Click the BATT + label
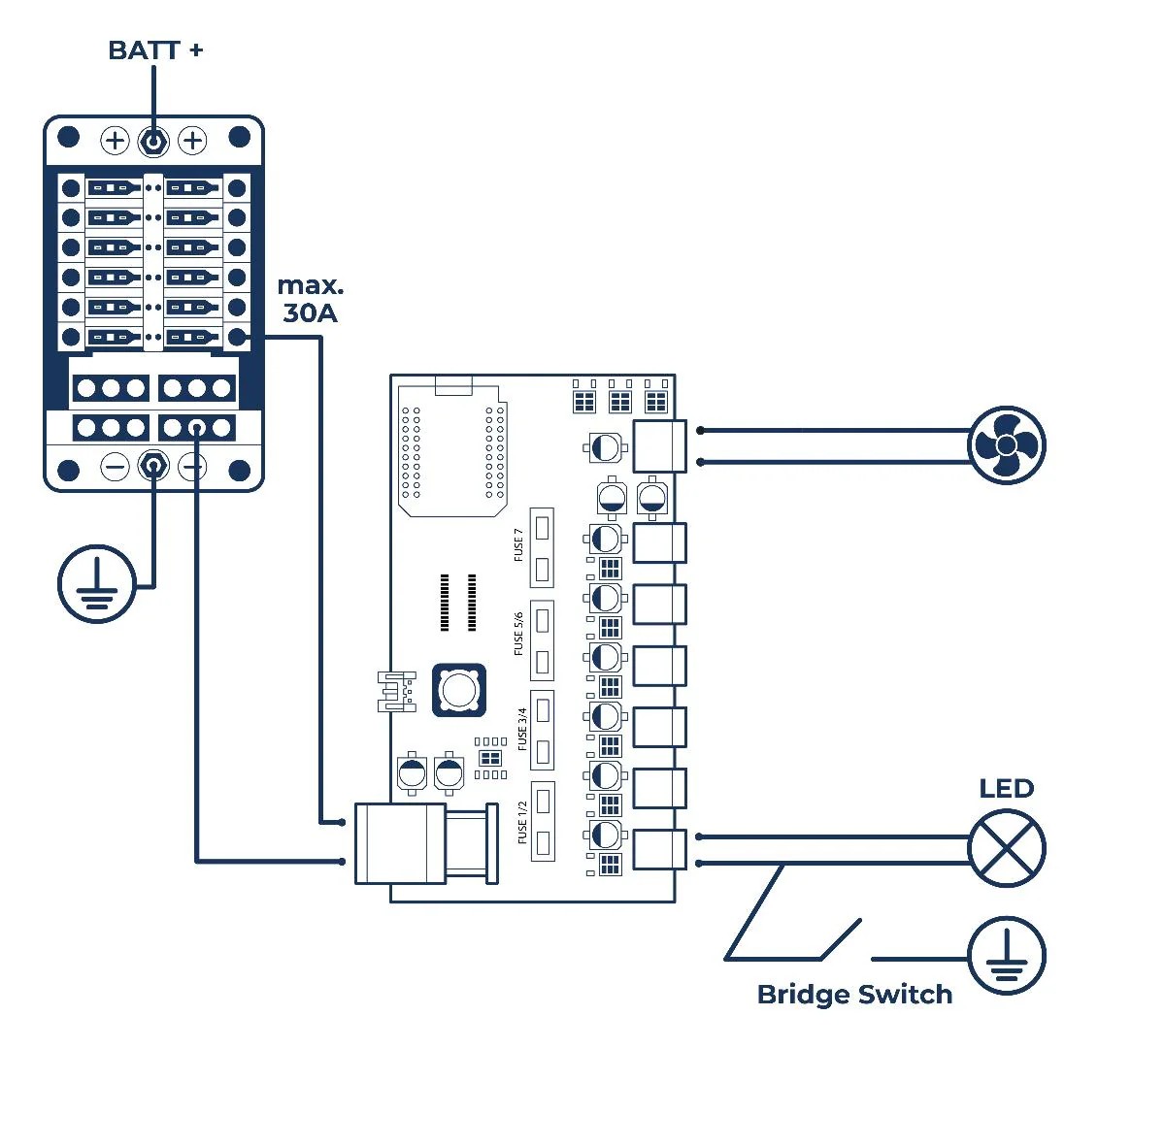tap(155, 49)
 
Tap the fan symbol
tap(1007, 445)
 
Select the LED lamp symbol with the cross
tap(1007, 848)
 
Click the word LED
tap(1006, 788)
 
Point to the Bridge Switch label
tap(854, 994)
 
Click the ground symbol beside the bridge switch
tap(1007, 956)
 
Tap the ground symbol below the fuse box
tap(96, 584)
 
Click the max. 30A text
tap(311, 299)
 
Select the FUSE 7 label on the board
tap(518, 545)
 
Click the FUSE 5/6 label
tap(518, 634)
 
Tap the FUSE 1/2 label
tap(522, 821)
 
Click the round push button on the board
tap(458, 690)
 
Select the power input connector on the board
tap(400, 842)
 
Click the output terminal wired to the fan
tap(659, 446)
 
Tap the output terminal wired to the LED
tap(659, 849)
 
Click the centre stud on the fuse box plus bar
tap(153, 142)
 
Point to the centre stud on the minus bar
tap(153, 467)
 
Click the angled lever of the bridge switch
tap(841, 939)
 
